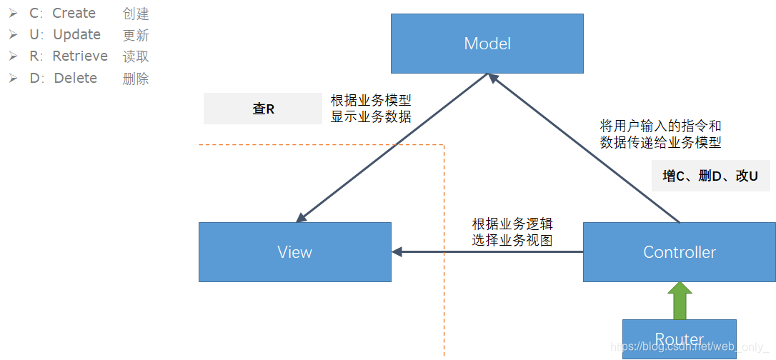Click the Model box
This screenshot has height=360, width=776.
click(x=487, y=44)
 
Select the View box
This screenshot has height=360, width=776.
click(x=294, y=251)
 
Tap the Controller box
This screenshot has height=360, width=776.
click(x=679, y=251)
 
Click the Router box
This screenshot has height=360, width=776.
click(x=679, y=339)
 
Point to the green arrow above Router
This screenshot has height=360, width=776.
click(x=679, y=299)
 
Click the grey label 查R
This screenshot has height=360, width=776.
click(x=263, y=109)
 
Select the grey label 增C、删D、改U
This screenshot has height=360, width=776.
click(x=710, y=175)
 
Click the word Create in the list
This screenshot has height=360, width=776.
click(x=74, y=13)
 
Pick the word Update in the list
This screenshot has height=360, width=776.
click(x=76, y=34)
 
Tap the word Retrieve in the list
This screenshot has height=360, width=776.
click(x=80, y=56)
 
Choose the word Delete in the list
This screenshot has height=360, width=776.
click(x=75, y=78)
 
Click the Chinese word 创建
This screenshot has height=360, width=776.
click(x=136, y=14)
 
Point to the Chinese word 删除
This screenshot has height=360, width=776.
click(x=136, y=79)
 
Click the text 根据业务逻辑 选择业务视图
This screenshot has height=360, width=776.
click(x=512, y=231)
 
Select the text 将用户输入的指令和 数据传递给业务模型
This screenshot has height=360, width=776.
click(x=660, y=134)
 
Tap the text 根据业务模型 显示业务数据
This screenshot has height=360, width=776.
click(x=371, y=109)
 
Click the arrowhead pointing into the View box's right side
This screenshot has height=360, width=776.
click(x=398, y=251)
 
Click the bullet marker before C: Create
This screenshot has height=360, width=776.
click(x=13, y=13)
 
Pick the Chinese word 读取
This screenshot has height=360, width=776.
click(x=136, y=56)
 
